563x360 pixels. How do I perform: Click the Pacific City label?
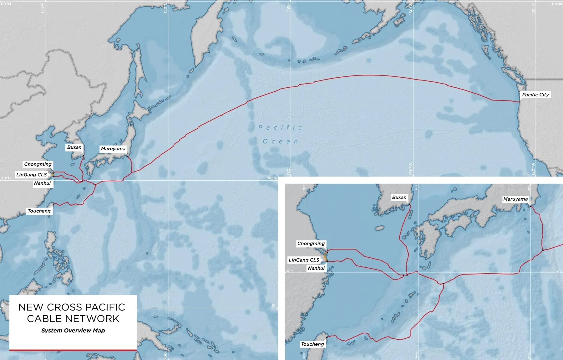coord(535,95)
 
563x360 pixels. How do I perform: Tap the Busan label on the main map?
coord(74,147)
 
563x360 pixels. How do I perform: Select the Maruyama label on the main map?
coord(113,149)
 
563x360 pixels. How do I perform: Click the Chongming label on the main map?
coord(38,164)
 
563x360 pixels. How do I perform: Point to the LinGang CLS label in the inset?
coord(304,260)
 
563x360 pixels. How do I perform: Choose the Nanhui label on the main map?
coord(42,183)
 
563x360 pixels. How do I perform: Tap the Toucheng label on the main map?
coord(39,211)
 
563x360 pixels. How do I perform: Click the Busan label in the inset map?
coord(399,198)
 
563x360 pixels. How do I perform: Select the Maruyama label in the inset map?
coord(515,199)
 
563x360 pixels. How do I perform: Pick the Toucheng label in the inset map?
coord(312,344)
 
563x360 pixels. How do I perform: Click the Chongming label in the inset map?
coord(311,244)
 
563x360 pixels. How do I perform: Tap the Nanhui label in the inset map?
coord(316,268)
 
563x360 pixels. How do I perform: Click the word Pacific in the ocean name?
coord(280,128)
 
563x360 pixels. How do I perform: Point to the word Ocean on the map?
coord(280,142)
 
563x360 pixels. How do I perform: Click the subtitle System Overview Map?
coord(73,331)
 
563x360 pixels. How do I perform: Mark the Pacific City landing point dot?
coord(519,102)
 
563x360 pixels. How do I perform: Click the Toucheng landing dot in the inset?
coord(327,337)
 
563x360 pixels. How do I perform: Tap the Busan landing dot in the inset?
coord(409,204)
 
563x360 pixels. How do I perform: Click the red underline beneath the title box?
coord(73,350)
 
